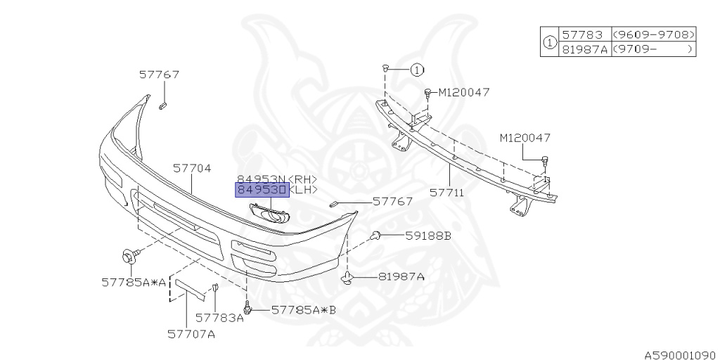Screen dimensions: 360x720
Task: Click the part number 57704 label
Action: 192,168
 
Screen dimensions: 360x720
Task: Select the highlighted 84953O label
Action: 261,190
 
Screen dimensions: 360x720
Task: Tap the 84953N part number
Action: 261,179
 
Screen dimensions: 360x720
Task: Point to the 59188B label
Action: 427,236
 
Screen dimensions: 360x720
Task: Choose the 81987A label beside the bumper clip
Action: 401,277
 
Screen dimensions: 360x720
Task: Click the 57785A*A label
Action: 134,283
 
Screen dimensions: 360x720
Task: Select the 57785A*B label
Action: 304,309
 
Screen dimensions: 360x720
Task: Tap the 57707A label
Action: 191,334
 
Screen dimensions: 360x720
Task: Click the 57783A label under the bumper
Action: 219,318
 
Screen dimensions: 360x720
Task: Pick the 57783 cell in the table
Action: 583,34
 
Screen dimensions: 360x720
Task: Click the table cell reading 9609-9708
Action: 653,34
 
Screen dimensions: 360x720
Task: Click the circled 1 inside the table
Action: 549,41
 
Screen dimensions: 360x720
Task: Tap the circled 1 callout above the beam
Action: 416,70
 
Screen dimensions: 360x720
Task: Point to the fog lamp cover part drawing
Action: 269,213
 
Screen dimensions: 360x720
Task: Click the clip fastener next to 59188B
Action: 376,236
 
